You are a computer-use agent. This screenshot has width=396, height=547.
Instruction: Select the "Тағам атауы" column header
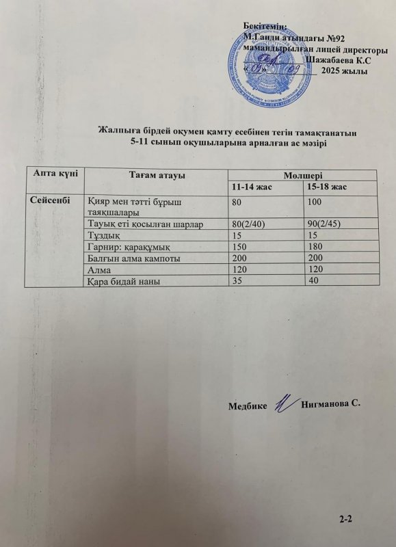157,176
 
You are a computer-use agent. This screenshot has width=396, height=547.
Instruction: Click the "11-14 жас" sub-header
252,187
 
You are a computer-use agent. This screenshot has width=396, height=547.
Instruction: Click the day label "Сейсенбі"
49,200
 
